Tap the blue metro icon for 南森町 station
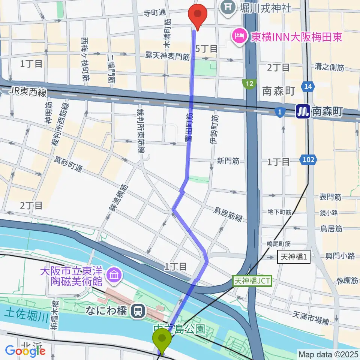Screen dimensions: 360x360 [303, 111]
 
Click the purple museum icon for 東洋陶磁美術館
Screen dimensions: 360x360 [113, 276]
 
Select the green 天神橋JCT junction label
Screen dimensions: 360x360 [253, 280]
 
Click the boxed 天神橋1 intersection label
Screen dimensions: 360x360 [294, 258]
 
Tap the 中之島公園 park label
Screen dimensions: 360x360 [179, 329]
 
